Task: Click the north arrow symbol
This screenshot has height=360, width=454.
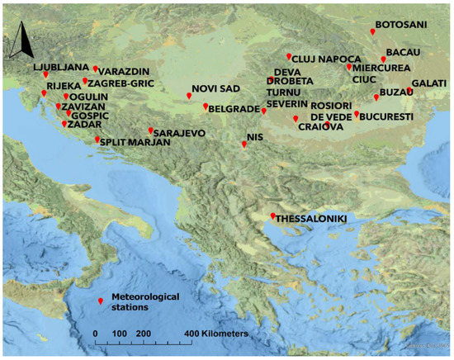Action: click(24, 39)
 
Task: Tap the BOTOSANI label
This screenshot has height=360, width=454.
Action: click(401, 25)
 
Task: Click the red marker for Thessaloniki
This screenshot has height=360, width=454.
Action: click(273, 216)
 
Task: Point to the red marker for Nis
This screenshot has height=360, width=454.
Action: click(244, 144)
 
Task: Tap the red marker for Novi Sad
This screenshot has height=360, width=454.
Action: click(189, 96)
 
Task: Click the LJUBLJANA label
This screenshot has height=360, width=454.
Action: click(61, 65)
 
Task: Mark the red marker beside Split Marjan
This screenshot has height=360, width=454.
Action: click(98, 140)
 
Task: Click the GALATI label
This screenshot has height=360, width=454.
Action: click(428, 83)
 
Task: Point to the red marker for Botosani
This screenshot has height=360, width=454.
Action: click(372, 31)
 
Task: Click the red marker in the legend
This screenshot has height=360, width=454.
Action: click(101, 301)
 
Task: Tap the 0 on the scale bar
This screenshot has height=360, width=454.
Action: click(96, 333)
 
